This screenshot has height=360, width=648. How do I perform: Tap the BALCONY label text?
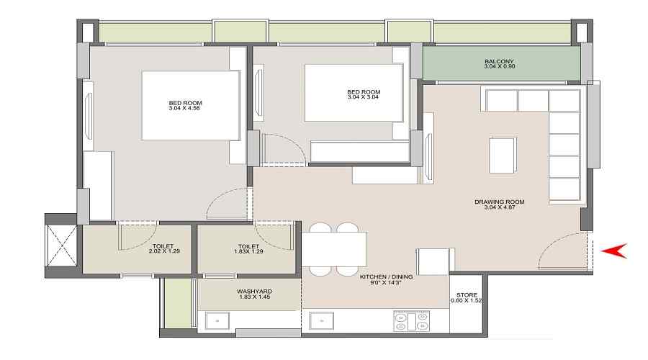(x=499, y=61)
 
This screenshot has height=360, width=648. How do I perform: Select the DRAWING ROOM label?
(x=499, y=202)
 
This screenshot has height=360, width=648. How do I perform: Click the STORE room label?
(x=467, y=294)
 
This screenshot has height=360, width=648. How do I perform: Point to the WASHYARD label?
(x=255, y=291)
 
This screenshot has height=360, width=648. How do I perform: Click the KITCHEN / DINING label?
(x=387, y=276)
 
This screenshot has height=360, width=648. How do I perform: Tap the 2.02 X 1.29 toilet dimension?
(x=164, y=251)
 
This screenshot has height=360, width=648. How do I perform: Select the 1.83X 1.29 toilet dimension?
(x=248, y=251)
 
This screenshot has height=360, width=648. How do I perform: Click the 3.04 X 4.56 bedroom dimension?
(x=184, y=108)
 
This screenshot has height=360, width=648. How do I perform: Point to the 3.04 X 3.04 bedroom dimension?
(x=364, y=96)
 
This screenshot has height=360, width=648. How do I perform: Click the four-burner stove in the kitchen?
(x=412, y=321)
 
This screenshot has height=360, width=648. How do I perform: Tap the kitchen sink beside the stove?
(x=322, y=321)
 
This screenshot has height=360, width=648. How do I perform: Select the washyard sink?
(x=217, y=321)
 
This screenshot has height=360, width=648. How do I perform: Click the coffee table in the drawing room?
(x=503, y=155)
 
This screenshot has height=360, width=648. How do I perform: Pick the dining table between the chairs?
(x=334, y=249)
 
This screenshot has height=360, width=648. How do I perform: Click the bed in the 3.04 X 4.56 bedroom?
(x=191, y=105)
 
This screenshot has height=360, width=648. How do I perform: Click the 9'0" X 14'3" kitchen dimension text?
(x=387, y=283)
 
